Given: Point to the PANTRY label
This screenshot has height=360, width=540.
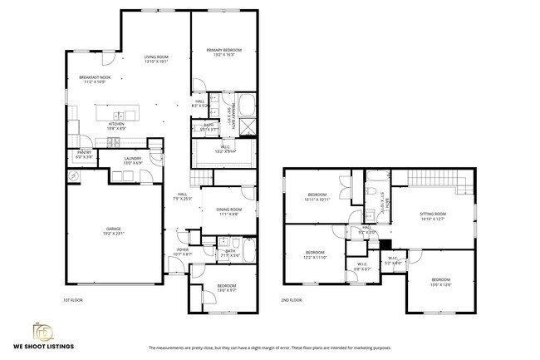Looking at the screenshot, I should click(84, 153).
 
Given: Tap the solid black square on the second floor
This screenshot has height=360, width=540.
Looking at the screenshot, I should click(384, 244).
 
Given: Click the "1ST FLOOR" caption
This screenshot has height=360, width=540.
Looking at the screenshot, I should click(73, 299).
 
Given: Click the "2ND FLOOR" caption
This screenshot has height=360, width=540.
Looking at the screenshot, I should click(291, 299).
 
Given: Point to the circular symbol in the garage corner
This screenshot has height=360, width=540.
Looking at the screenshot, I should click(73, 176).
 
